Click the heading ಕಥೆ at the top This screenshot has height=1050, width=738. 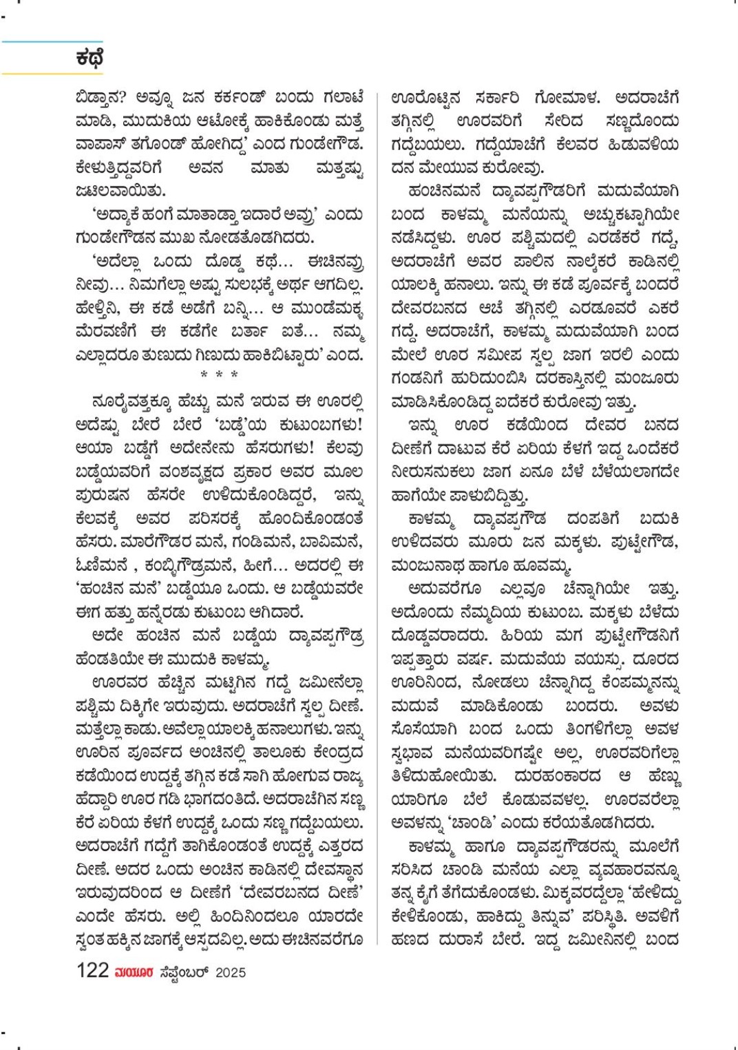point(89,59)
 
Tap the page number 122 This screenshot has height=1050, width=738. point(92,971)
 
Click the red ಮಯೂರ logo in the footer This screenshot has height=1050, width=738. point(134,972)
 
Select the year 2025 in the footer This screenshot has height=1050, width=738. point(231,972)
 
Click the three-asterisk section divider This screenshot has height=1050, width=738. point(220,375)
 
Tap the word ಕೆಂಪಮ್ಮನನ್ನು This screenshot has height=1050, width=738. point(640,683)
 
